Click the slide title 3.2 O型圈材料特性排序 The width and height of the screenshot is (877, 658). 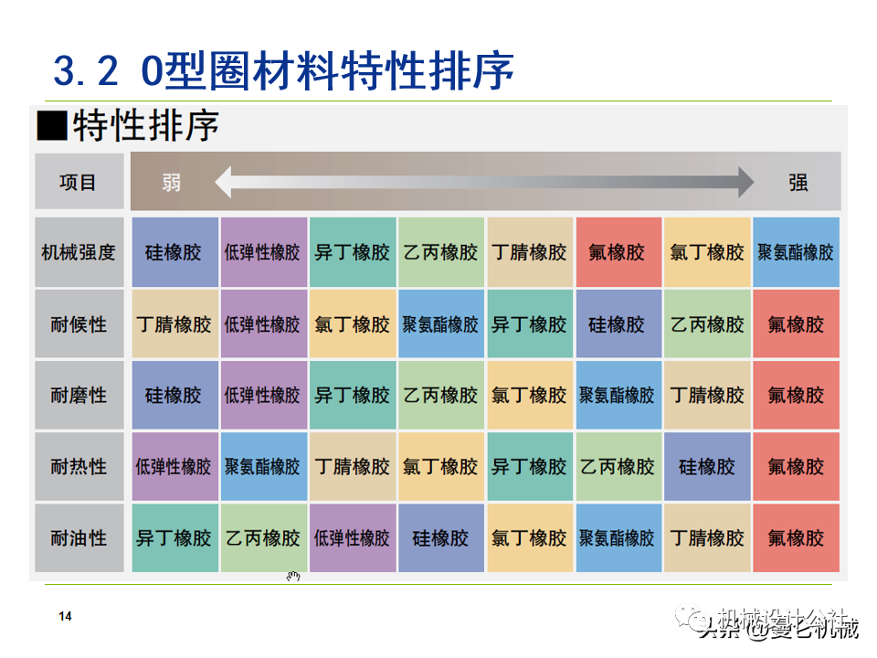pos(283,70)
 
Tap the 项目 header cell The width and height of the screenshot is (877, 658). pos(79,182)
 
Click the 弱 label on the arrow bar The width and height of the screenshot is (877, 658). pos(171,182)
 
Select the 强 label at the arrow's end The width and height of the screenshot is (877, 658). pos(798,182)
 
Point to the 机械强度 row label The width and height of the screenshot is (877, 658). pos(79,252)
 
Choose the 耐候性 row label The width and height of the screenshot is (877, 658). pos(79,324)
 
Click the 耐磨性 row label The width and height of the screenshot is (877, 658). pos(79,395)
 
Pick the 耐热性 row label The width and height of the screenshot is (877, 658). pos(79,466)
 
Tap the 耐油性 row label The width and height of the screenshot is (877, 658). pos(79,537)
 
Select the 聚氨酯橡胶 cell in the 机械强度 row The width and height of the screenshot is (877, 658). pos(796,252)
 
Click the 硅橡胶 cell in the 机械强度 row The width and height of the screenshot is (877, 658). pos(174,252)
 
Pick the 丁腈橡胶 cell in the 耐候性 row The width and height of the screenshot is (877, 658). pos(174,324)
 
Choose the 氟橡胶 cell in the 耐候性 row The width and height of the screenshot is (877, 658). pos(796,324)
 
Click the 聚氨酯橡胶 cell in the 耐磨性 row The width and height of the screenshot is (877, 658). pos(618,395)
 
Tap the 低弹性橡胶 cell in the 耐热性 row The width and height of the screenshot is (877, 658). pos(174,466)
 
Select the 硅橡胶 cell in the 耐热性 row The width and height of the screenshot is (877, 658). pos(707,466)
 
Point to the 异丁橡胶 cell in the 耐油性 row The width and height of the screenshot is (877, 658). pos(174,537)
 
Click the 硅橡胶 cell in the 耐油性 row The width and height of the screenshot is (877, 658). pos(440,537)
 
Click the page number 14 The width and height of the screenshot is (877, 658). pos(65,617)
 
